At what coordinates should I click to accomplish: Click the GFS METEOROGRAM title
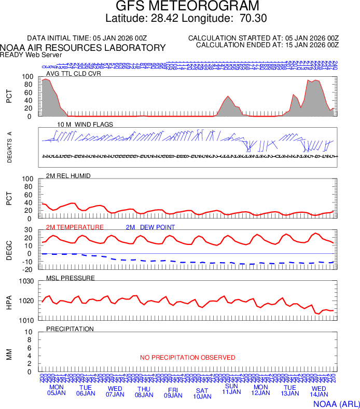[x=179, y=6]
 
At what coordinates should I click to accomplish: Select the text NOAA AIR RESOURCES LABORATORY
[x=83, y=48]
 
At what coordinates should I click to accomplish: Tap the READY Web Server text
[x=31, y=54]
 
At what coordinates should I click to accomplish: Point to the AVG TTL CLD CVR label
[x=74, y=74]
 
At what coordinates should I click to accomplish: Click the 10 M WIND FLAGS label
[x=85, y=125]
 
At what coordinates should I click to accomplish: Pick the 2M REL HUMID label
[x=68, y=176]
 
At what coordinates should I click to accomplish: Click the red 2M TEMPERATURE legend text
[x=75, y=227]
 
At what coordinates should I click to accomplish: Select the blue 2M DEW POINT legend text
[x=150, y=227]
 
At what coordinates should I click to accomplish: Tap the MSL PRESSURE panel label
[x=71, y=278]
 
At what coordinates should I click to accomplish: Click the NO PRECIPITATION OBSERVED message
[x=187, y=358]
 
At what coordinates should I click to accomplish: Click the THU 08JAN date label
[x=144, y=392]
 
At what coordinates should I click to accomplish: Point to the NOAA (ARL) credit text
[x=336, y=403]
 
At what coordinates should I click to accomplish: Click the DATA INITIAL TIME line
[x=88, y=38]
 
